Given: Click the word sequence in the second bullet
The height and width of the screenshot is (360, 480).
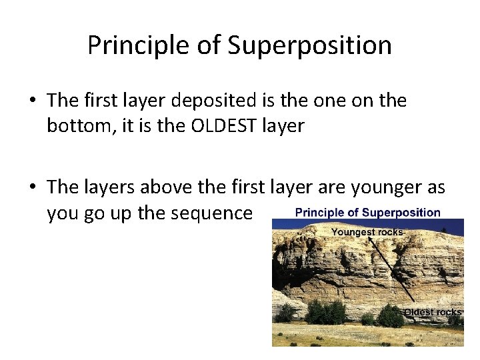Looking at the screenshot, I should (213, 213).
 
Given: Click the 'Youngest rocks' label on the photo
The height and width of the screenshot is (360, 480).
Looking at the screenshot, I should (367, 232).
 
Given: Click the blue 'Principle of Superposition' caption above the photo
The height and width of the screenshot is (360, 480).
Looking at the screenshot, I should (367, 213).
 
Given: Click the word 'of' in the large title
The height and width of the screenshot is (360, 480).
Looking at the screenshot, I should (207, 45).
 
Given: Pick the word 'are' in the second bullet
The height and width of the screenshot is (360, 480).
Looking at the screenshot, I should (331, 187).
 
